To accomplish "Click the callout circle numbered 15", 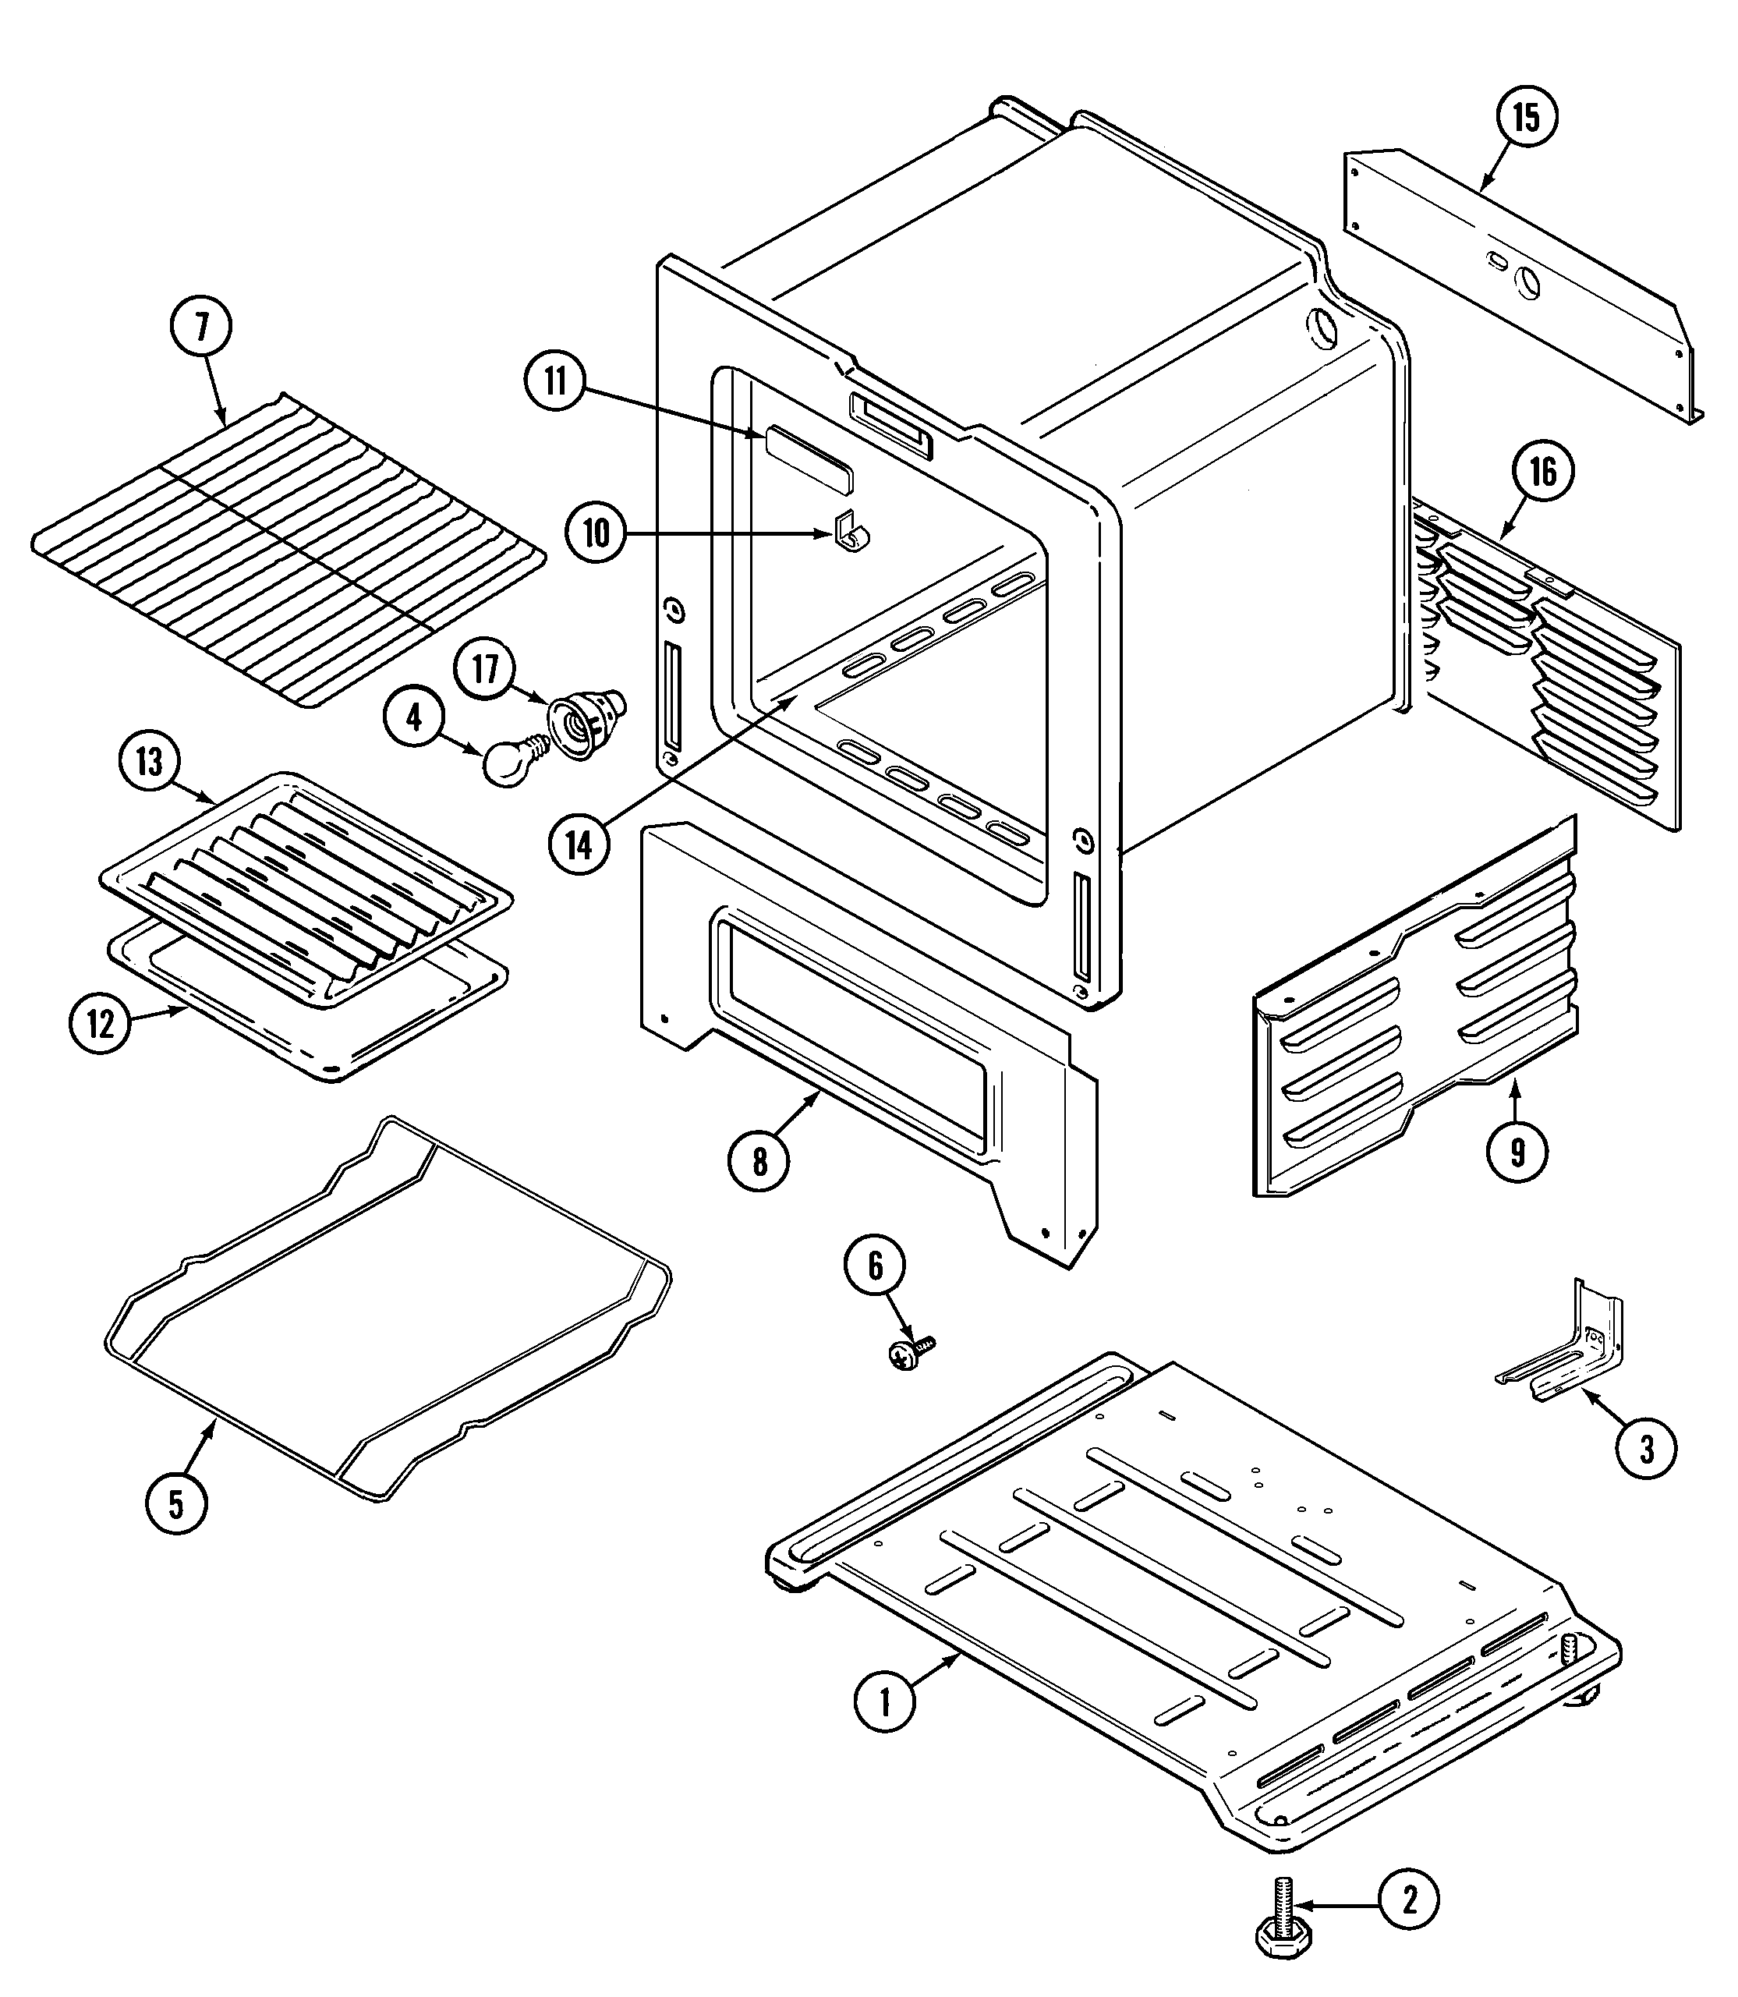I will pos(1526,118).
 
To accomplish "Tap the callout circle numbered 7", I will pos(202,328).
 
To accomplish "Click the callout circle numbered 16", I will pos(1542,473).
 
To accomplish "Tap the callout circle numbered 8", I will pos(759,1161).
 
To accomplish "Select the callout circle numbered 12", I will pos(101,1024).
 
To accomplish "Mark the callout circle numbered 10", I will pos(596,533).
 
